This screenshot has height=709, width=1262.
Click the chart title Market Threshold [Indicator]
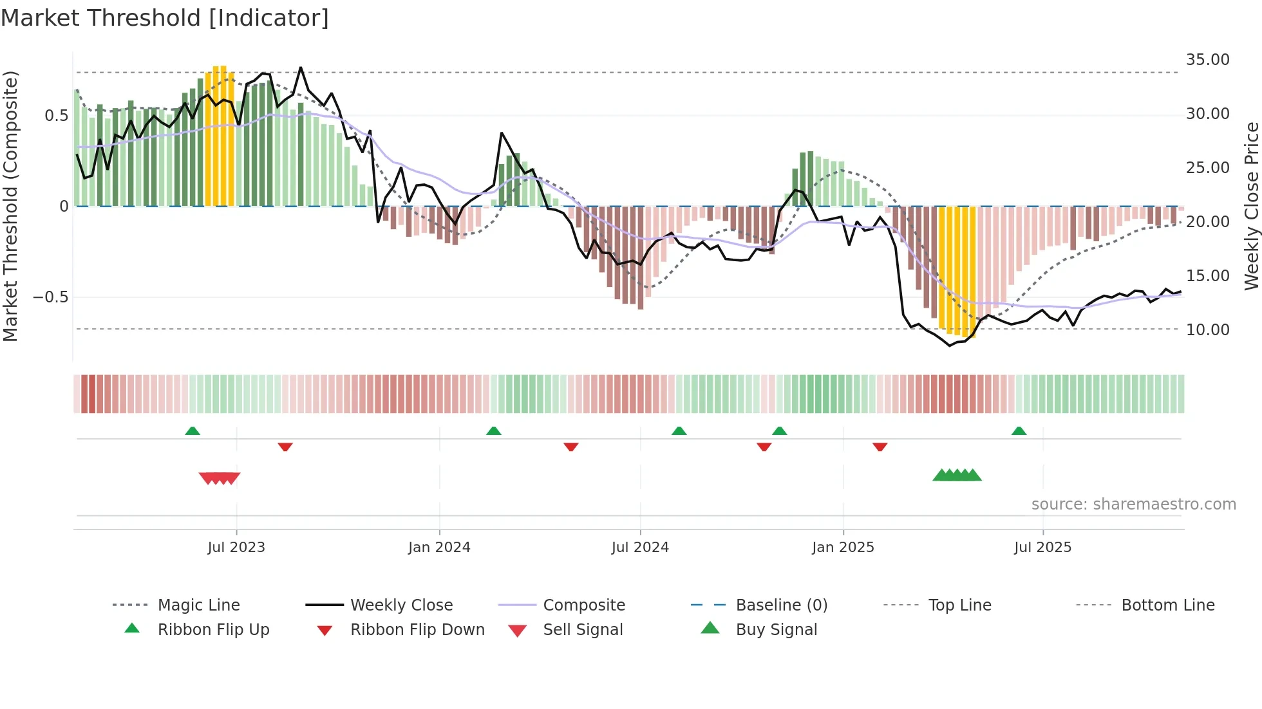(x=165, y=18)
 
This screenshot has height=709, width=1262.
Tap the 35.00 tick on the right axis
(x=1207, y=60)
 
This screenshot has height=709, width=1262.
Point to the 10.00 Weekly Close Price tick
(x=1207, y=330)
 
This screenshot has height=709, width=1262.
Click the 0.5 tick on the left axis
(x=56, y=116)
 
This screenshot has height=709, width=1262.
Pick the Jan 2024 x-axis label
(x=439, y=548)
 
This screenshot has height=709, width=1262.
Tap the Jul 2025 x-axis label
(x=1042, y=548)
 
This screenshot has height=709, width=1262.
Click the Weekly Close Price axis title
(x=1251, y=206)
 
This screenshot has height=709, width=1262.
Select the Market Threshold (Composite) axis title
(x=10, y=206)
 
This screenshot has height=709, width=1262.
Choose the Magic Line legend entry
(x=198, y=605)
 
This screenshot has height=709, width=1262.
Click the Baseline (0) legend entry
(x=781, y=605)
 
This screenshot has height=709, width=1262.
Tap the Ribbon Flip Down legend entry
(x=417, y=630)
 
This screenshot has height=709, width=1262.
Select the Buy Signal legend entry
(x=776, y=630)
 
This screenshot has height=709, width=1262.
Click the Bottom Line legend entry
(x=1167, y=605)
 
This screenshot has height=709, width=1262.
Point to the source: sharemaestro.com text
(x=1133, y=504)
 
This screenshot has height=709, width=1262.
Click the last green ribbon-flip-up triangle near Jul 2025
(x=1019, y=431)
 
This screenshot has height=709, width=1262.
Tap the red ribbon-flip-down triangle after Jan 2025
(x=880, y=447)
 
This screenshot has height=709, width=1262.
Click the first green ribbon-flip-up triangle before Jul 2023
(x=193, y=431)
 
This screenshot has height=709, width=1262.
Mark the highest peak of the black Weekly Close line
(x=301, y=68)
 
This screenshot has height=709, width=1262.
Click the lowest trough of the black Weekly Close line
(x=950, y=345)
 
